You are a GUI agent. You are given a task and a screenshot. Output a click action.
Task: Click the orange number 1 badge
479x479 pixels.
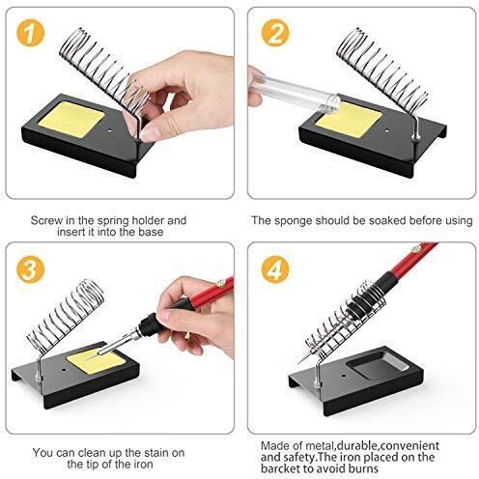point(30,33)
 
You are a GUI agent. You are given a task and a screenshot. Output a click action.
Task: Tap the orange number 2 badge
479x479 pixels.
point(275,33)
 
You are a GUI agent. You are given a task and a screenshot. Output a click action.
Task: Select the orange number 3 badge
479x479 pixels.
point(30,269)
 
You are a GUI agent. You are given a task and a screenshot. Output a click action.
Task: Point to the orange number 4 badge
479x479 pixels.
point(275,269)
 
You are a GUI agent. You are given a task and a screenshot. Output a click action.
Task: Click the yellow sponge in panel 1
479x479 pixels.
point(71,120)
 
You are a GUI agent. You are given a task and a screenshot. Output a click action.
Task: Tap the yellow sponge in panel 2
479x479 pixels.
point(350,120)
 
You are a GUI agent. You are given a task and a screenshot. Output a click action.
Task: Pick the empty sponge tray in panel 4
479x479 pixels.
point(379,368)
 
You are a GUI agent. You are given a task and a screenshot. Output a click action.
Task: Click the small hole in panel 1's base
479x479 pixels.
point(110,131)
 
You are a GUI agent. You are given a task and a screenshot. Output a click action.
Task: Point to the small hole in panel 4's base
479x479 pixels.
point(344,375)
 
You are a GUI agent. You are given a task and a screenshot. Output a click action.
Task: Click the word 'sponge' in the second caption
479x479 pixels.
point(294,221)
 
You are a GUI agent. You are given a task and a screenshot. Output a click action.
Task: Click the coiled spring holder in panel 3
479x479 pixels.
point(66,318)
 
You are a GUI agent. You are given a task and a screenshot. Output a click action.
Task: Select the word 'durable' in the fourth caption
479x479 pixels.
point(356,446)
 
